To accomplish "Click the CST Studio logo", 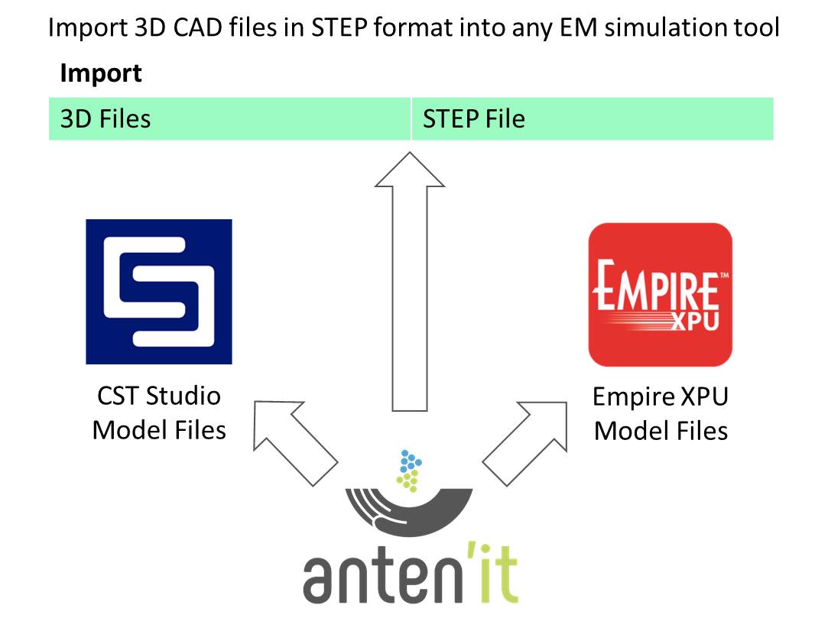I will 158,291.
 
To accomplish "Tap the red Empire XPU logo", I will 660,294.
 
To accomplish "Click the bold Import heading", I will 101,74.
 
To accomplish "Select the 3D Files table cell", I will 229,119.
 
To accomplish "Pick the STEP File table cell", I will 593,119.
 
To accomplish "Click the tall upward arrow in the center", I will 410,283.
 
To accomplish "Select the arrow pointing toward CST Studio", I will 294,443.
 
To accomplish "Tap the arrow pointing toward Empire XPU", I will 524,443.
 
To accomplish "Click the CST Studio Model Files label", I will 159,413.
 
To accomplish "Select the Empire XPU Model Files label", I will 661,414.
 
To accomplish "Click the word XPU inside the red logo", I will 694,321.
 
